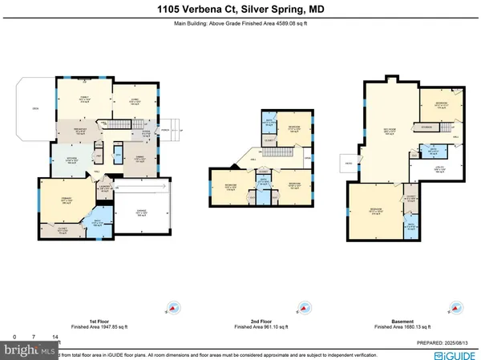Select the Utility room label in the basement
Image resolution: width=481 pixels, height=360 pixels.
[x=439, y=169]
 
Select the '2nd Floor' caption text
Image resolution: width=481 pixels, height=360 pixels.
[x=255, y=319]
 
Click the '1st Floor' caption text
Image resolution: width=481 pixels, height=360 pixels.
[x=79, y=319]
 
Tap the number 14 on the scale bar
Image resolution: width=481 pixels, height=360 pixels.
[x=55, y=337]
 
